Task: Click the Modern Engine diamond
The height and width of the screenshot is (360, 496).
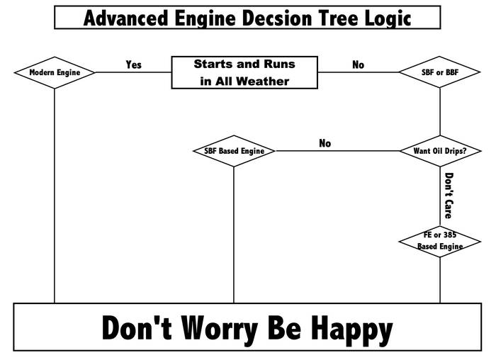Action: tap(55, 72)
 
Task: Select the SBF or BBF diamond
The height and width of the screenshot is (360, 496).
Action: tap(440, 72)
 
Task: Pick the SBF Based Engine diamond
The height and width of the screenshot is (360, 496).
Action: tap(234, 151)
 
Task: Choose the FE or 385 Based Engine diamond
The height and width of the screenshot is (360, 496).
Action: tap(440, 241)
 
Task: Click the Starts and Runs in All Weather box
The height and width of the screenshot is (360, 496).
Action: tap(244, 72)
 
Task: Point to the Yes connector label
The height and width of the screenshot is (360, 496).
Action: tap(133, 64)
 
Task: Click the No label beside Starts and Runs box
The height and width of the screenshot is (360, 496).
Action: tap(359, 64)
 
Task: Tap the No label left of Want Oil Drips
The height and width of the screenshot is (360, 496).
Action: tap(325, 143)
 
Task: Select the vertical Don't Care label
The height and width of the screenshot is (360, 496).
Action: tap(449, 195)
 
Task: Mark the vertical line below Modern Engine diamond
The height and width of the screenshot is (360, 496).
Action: tap(55, 198)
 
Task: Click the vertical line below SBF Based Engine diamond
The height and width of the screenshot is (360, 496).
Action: tap(234, 234)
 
